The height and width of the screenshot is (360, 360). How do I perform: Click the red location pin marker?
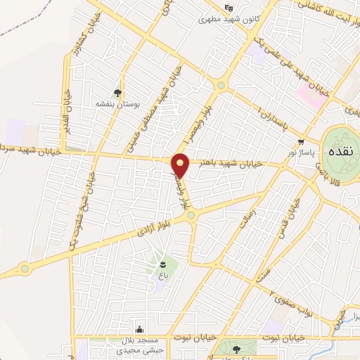181,165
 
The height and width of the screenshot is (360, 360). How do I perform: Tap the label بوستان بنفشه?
117,103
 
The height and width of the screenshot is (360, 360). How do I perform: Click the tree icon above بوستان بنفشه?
117,92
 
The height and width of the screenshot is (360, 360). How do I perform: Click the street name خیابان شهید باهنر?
231,162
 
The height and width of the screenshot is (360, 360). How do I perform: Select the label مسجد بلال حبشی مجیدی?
140,344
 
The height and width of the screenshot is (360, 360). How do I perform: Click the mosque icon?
140,329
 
